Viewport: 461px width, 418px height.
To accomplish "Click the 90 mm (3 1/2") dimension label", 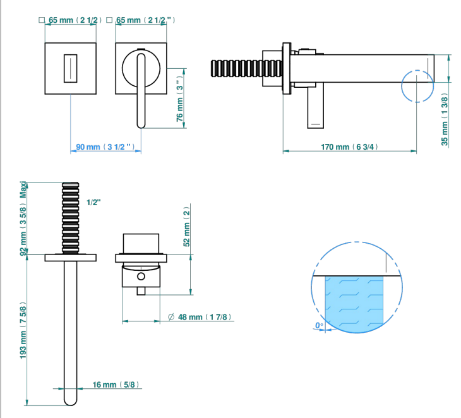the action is [105, 146].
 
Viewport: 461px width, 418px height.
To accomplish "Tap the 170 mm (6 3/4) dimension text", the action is [349, 146].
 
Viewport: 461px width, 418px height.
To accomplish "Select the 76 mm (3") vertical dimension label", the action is [179, 99].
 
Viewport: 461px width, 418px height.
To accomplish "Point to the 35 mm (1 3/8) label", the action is [445, 121].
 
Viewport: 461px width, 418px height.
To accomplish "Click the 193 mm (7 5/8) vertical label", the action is [23, 330].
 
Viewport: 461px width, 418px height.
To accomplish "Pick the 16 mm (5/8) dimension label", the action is [116, 385].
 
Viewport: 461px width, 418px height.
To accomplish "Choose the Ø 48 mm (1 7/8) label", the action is [200, 317].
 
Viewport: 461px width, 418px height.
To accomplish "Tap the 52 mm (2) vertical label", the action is [187, 226].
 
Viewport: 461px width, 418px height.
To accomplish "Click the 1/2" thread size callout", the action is [94, 202].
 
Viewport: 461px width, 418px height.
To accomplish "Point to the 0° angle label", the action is [319, 325].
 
